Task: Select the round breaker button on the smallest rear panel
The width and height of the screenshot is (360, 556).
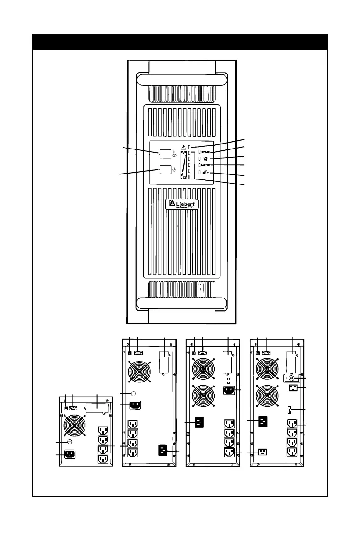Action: click(70, 441)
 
